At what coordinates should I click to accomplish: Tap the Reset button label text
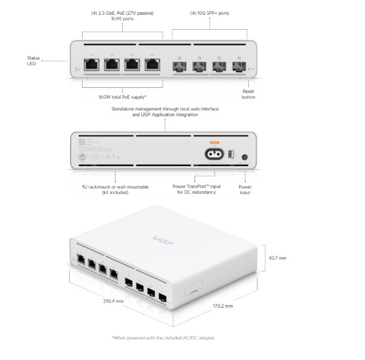tap(248, 94)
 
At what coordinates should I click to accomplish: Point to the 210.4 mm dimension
tap(113, 301)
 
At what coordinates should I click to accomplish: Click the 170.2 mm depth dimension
tap(221, 305)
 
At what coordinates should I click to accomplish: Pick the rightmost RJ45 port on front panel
tap(152, 65)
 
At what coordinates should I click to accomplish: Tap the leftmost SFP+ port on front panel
tap(178, 65)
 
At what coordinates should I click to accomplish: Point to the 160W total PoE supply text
tap(123, 98)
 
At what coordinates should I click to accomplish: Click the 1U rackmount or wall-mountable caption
tap(114, 190)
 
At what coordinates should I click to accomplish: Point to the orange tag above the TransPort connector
tap(215, 142)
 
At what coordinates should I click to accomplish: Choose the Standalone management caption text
tap(164, 112)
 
